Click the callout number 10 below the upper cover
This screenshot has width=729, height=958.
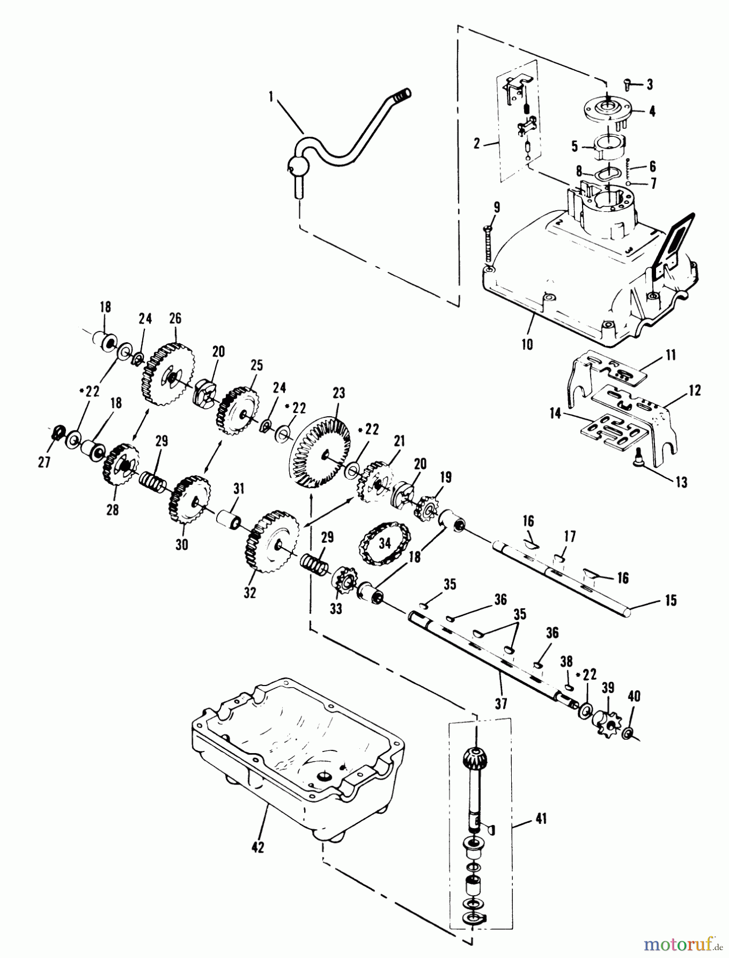pyautogui.click(x=527, y=344)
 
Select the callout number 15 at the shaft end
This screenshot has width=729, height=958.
pyautogui.click(x=670, y=600)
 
